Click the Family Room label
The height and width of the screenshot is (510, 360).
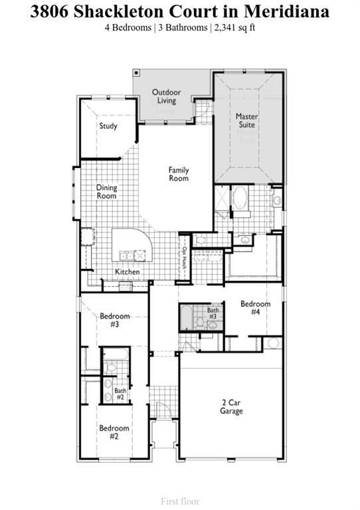178,174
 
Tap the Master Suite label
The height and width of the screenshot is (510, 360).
247,120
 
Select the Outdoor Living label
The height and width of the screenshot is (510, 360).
167,96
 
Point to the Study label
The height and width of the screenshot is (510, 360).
108,126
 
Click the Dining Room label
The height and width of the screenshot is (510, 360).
106,191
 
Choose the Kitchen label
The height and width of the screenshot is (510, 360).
128,272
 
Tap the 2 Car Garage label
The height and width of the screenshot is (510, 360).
232,406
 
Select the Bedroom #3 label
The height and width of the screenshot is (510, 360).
114,320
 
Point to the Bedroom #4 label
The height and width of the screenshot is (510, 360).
255,307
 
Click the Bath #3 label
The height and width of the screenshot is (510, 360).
213,313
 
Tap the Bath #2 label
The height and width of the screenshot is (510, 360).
120,394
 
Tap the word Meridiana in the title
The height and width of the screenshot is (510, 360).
286,11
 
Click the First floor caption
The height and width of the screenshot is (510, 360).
180,501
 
